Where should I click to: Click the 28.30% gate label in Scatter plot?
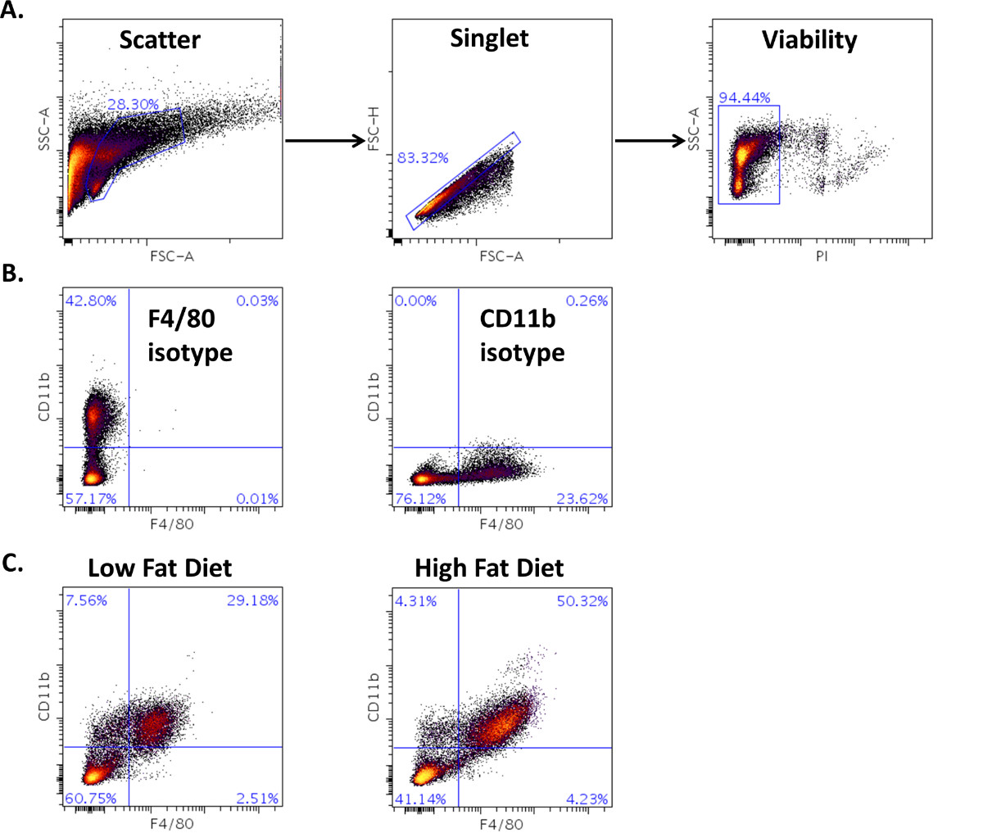(133, 104)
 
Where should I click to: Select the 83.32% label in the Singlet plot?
(423, 158)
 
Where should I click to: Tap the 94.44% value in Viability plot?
(745, 98)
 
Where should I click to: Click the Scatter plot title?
(160, 39)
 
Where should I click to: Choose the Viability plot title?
(809, 39)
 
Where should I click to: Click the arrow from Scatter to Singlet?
(324, 141)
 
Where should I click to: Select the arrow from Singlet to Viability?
(650, 141)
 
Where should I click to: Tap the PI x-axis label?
(822, 256)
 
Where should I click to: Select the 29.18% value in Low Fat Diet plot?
(256, 601)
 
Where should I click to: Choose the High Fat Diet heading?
(489, 568)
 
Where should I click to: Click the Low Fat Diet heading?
(160, 568)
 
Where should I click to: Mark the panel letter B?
(13, 274)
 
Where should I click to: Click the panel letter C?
(13, 564)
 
